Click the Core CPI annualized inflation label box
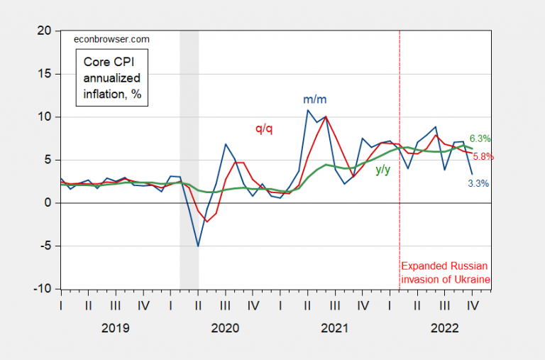pos(112,77)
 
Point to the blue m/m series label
pos(315,100)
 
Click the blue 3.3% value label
pos(478,183)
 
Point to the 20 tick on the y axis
pos(45,31)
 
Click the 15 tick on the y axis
pos(45,74)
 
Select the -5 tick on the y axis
pos(45,246)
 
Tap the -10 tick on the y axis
pos(43,290)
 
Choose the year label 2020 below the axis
pos(225,329)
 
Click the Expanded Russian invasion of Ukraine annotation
pos(446,273)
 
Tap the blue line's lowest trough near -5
pos(198,246)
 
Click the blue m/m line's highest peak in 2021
pos(307,109)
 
